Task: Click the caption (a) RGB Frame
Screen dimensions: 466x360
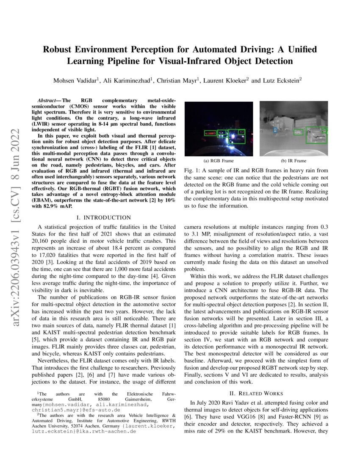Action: coord(219,161)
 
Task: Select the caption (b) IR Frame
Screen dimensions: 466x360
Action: coord(294,161)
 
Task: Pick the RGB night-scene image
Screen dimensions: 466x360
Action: coord(219,128)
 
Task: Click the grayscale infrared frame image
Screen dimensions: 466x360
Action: coord(294,128)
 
